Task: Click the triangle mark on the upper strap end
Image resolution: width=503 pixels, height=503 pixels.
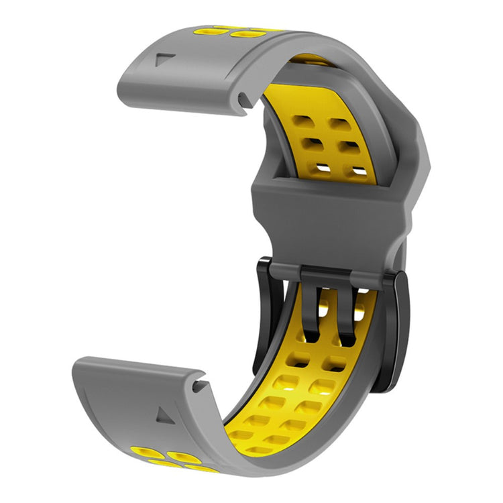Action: (x=161, y=59)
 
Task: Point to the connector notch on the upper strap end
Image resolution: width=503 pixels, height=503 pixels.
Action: (x=242, y=100)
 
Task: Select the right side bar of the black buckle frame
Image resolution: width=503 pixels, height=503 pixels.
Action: (x=392, y=329)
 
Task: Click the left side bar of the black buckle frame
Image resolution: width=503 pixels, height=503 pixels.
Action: (x=263, y=315)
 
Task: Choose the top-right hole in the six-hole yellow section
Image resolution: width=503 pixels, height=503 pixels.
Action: (x=337, y=123)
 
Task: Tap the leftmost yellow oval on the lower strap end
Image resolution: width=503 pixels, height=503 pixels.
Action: (x=144, y=452)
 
